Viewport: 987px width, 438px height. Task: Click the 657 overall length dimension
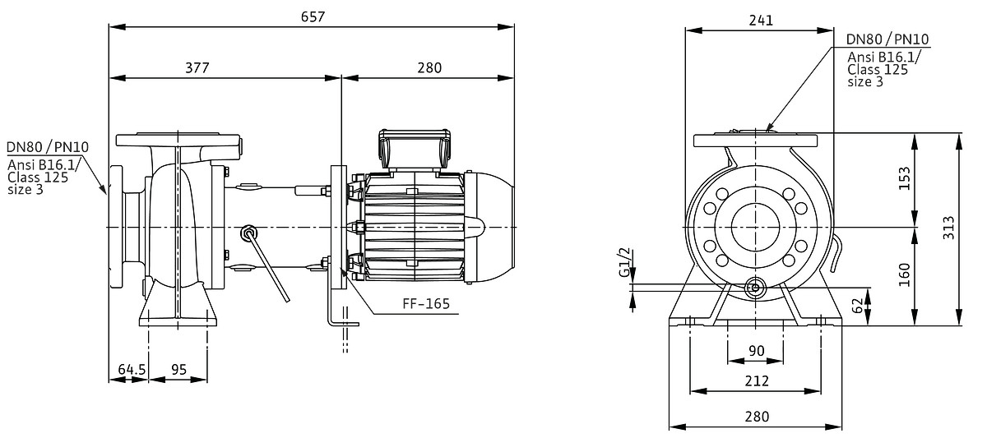[x=313, y=16]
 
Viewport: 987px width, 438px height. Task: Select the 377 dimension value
[x=197, y=67]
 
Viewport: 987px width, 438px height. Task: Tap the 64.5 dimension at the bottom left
[x=132, y=369]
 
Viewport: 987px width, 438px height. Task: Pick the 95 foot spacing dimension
[x=179, y=369]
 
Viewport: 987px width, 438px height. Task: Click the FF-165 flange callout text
[x=426, y=304]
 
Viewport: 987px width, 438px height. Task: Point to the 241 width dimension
[x=761, y=21]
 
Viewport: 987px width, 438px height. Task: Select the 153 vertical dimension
[x=904, y=178]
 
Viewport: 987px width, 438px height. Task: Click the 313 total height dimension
[x=948, y=228]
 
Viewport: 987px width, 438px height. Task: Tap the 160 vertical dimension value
[x=904, y=274]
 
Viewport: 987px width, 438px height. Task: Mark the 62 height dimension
[x=857, y=306]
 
